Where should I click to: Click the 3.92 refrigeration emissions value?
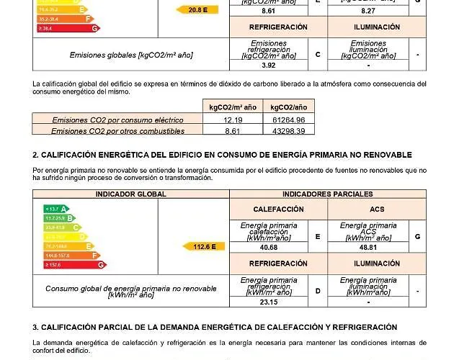[268, 66]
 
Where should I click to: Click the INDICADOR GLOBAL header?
[131, 194]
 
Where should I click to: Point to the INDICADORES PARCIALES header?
[328, 194]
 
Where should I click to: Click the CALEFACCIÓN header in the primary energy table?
[278, 209]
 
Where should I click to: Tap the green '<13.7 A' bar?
[56, 209]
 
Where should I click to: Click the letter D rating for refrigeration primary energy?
[318, 291]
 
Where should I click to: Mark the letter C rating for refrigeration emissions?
[318, 55]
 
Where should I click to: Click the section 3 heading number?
[35, 328]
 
